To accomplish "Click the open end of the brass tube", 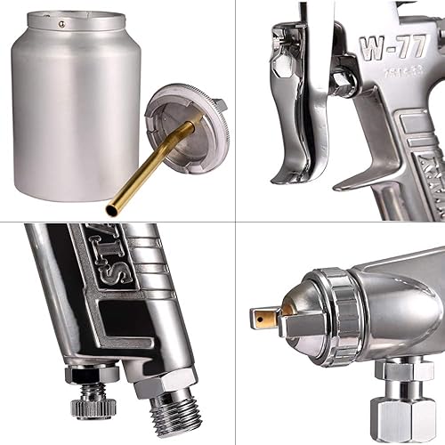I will click(111, 210).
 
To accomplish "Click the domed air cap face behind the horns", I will click(303, 307).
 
